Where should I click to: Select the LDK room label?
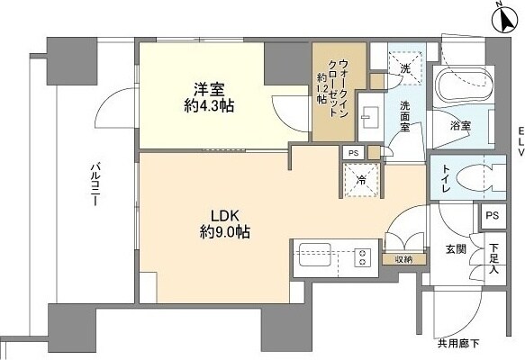224,215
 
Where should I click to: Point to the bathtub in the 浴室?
458,87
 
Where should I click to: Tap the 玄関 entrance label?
456,247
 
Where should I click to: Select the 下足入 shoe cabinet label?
493,256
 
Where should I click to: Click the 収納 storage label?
402,259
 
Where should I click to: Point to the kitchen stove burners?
364,256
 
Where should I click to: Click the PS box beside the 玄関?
491,215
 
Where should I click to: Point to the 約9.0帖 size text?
224,232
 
